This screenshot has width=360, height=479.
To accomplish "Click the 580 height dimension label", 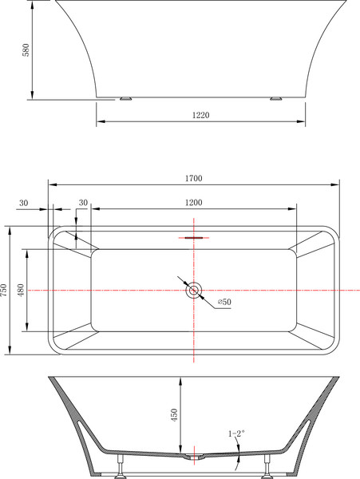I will tap(25, 50).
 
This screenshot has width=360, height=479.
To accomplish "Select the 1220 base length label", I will tap(201, 115).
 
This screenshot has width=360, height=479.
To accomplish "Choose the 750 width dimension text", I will tap(4, 291).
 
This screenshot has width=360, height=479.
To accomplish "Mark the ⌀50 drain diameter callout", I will tap(224, 302).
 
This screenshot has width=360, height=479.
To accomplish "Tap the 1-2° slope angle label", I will tap(236, 433).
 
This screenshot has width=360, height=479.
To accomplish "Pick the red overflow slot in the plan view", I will tap(193, 237).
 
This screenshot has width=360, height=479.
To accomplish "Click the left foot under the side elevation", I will tap(125, 99).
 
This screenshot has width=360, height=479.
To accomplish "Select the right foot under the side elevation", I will tap(277, 99).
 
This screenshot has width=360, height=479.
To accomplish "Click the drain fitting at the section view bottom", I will tap(193, 457).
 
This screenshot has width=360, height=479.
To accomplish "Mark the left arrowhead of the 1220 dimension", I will tap(100, 123).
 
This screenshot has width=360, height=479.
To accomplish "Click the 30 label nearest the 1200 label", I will tap(83, 203).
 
